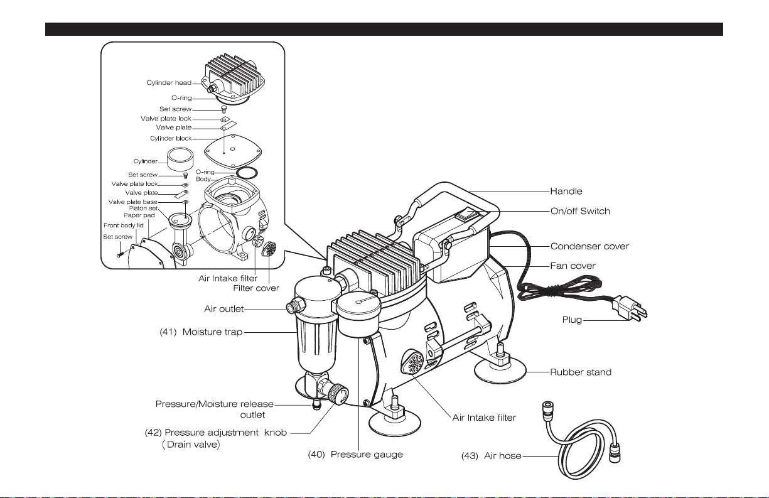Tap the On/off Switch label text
pos(580,212)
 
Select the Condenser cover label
pos(589,246)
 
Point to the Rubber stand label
pos(581,372)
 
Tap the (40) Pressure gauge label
pos(355,454)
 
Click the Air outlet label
pos(223,309)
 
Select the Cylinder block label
pos(171,138)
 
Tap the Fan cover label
pos(573,266)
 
